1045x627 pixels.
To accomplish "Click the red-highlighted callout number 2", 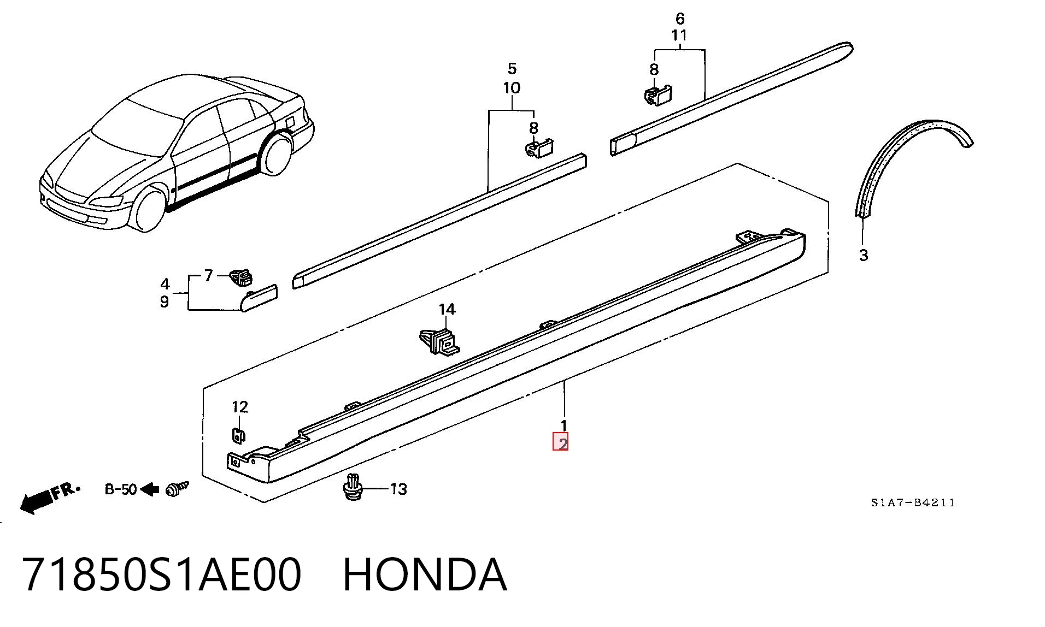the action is [x=563, y=442].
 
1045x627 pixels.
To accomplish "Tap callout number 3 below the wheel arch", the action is [x=864, y=255].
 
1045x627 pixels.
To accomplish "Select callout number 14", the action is [x=447, y=310].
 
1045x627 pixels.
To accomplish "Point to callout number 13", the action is [x=398, y=489].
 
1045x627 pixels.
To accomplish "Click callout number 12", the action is [x=240, y=407].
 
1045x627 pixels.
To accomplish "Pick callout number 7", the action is [x=208, y=276].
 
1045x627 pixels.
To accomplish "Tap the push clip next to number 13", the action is [x=354, y=487].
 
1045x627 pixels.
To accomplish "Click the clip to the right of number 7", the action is [x=241, y=277].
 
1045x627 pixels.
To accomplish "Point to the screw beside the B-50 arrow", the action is [x=177, y=489].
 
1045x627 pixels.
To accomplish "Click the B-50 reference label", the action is [x=121, y=489].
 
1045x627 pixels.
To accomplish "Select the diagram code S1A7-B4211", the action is [x=913, y=502].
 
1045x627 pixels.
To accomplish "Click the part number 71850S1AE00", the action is [x=162, y=575].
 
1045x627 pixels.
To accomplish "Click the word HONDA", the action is [x=425, y=575].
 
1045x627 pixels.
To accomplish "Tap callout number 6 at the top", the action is [x=680, y=19].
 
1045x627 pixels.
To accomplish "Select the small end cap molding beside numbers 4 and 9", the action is [x=259, y=298].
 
